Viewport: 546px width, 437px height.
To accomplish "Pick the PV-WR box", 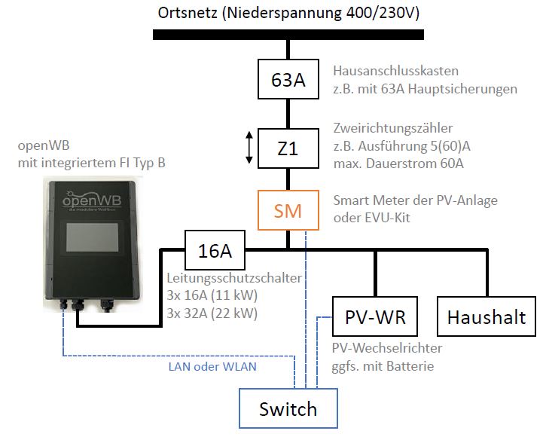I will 375,316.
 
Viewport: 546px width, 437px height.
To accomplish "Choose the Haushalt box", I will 487,316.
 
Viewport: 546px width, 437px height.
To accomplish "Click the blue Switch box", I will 288,409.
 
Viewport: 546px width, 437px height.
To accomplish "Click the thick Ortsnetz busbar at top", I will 288,35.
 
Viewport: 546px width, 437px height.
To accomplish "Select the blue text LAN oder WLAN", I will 212,367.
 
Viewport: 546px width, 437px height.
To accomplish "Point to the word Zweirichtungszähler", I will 393,128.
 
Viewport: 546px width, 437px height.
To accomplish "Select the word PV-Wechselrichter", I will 387,348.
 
